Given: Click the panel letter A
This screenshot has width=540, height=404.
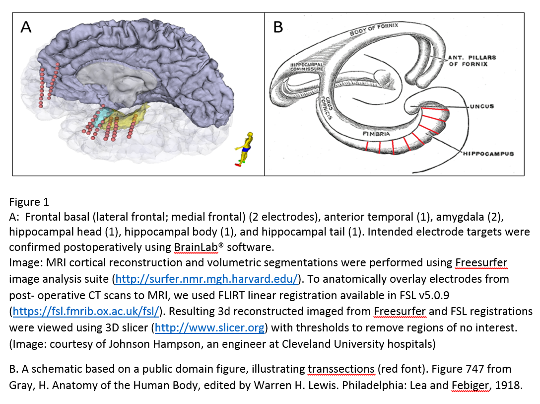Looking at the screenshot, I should (26, 27).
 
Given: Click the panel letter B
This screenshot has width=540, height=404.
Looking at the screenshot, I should (278, 27).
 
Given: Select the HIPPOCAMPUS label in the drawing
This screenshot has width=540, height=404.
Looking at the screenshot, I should (487, 154).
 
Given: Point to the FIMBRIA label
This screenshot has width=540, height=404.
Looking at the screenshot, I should (376, 134).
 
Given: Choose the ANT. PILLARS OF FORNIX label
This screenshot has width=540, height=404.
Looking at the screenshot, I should (472, 61).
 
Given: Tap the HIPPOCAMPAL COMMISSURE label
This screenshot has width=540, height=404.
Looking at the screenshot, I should (307, 67).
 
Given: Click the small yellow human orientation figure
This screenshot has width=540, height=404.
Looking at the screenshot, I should (245, 148).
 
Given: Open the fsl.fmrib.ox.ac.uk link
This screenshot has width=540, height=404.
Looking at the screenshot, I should (86, 312).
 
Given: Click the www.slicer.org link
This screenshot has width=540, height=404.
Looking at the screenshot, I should (210, 328).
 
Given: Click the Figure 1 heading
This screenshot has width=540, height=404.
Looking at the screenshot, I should (29, 202).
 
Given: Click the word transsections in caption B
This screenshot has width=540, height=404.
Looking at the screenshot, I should (341, 369).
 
